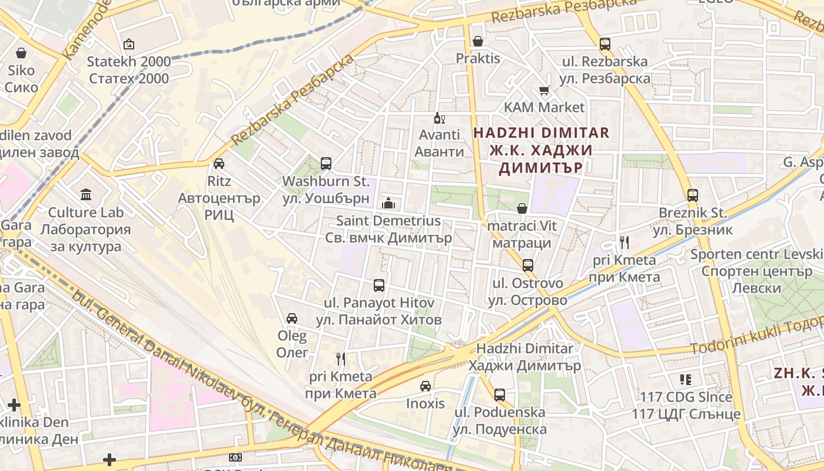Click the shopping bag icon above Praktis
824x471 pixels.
click(x=477, y=41)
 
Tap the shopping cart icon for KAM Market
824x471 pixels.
click(x=544, y=91)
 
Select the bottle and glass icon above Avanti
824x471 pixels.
click(x=438, y=118)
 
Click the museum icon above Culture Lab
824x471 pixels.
click(x=86, y=194)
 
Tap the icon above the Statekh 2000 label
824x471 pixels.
click(x=129, y=44)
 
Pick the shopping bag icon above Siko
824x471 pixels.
click(x=21, y=53)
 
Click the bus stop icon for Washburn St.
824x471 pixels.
click(x=325, y=163)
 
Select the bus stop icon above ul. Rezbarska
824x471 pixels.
click(x=604, y=44)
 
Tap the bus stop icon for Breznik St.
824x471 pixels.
click(x=693, y=195)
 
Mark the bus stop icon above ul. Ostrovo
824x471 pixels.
click(x=528, y=266)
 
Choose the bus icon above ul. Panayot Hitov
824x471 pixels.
click(x=379, y=286)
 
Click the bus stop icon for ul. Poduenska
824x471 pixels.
click(x=500, y=394)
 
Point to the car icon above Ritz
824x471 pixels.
click(x=219, y=163)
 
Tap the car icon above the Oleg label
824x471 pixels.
click(x=291, y=319)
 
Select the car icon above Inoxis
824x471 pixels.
click(x=425, y=386)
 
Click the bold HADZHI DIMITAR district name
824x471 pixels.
click(x=541, y=132)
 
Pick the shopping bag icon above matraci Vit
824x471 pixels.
click(x=521, y=208)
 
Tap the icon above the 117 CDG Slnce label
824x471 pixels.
click(x=685, y=380)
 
